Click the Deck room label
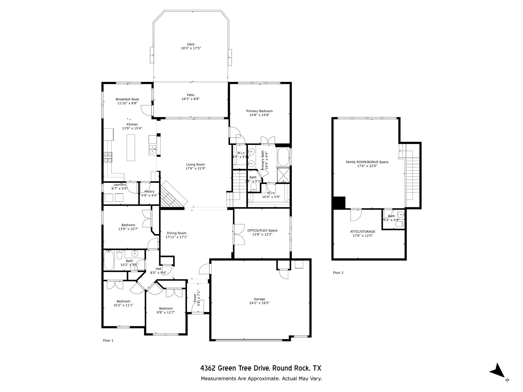click(191, 44)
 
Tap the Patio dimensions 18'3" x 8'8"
click(190, 99)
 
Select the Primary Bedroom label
click(259, 111)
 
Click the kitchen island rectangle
click(131, 148)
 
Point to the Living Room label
click(195, 165)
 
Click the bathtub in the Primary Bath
click(283, 157)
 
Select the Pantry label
click(149, 192)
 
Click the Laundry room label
click(120, 185)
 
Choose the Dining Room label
click(176, 233)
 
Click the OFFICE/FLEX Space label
click(262, 230)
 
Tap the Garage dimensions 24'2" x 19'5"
click(259, 303)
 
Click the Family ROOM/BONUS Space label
click(367, 162)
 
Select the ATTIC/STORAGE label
click(362, 232)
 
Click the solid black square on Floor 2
click(339, 203)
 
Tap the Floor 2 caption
click(338, 273)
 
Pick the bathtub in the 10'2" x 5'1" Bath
click(109, 260)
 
